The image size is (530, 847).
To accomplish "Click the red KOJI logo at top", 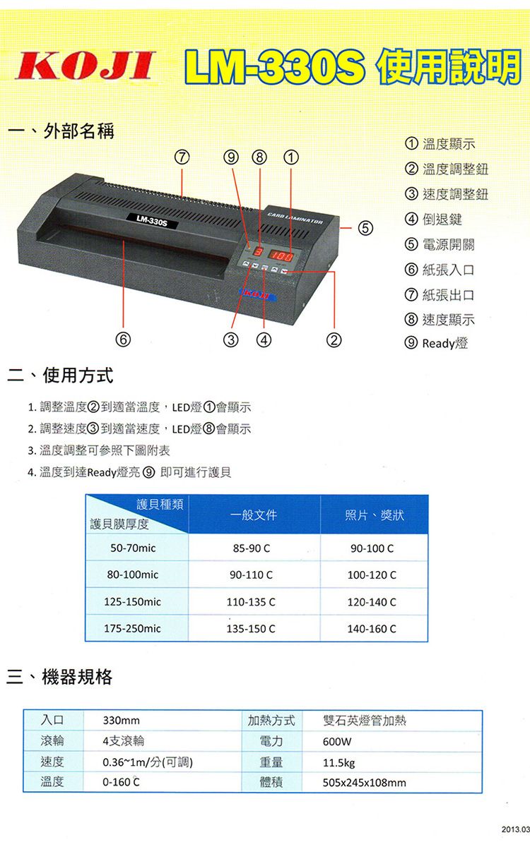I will click(x=85, y=68).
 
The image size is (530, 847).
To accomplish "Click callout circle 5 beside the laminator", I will click(x=363, y=228).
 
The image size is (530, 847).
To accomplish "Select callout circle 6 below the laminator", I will click(x=124, y=341).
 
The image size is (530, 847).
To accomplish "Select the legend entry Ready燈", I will click(x=444, y=344).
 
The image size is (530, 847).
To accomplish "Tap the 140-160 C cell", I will click(x=372, y=628).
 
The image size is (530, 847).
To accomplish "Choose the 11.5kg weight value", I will click(x=338, y=762).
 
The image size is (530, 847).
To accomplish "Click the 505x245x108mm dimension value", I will click(x=364, y=783).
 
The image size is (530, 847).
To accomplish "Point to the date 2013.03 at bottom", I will click(x=514, y=827).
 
